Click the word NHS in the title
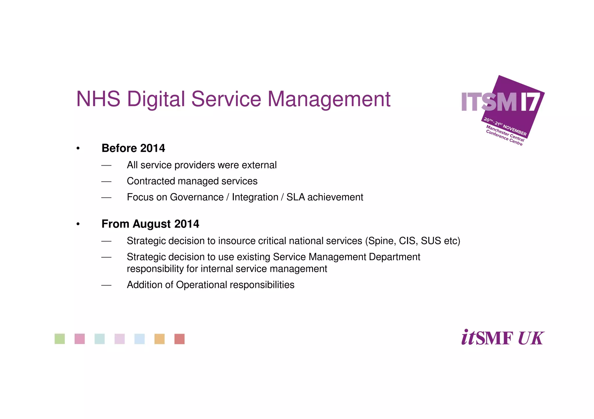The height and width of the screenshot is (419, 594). (98, 99)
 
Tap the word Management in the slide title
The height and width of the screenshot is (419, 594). (329, 99)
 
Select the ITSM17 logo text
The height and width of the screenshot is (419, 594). (500, 102)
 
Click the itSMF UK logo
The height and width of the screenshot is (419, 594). (502, 338)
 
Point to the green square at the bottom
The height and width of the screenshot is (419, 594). (60, 339)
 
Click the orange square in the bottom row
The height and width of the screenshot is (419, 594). (160, 339)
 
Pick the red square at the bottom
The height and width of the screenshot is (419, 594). (180, 339)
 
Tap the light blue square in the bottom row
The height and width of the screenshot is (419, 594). (140, 339)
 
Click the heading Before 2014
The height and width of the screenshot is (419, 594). (133, 148)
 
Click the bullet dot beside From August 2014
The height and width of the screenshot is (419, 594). (78, 224)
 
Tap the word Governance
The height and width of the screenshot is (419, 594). (197, 197)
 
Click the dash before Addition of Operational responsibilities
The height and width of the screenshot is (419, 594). (106, 285)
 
